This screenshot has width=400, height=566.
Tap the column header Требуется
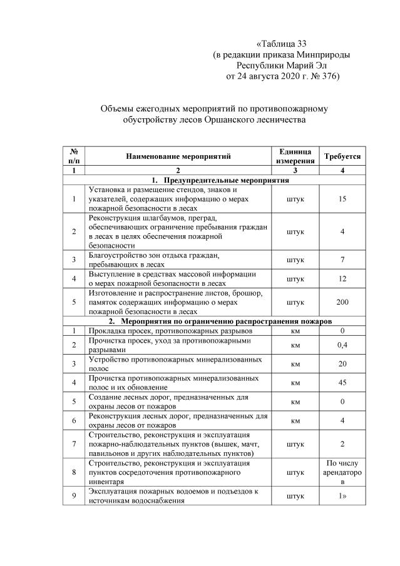341,156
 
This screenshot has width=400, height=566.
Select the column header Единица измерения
295,156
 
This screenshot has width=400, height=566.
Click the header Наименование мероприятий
178,156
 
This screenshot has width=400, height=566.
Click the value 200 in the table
341,302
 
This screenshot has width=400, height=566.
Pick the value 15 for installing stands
341,199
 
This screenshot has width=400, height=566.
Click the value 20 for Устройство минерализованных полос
341,363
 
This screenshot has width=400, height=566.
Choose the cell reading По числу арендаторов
341,473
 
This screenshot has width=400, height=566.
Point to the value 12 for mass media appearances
341,278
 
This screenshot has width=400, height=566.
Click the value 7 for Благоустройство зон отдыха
341,259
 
